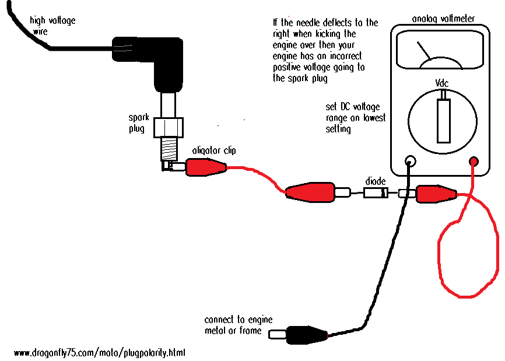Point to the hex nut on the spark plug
coord(171,127)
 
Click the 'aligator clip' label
coord(214,150)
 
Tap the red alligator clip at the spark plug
coord(204,168)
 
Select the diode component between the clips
coord(376,193)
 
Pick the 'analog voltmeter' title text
coord(443,19)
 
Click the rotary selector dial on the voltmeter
coord(444,120)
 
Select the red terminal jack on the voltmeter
coord(474,161)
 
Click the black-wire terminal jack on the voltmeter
coord(410,161)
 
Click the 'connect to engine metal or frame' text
coord(238,325)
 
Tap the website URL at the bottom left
coord(100,353)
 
